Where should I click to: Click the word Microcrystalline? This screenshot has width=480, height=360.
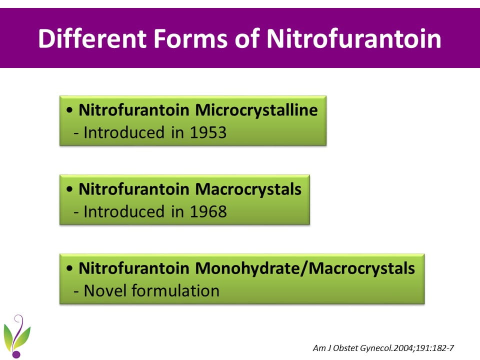pyautogui.click(x=256, y=110)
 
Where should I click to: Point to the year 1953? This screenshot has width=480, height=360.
pyautogui.click(x=208, y=132)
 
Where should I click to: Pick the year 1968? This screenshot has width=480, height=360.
pyautogui.click(x=208, y=211)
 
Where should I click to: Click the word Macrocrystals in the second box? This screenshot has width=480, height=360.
pyautogui.click(x=248, y=189)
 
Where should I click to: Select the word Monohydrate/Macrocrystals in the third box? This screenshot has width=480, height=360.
pyautogui.click(x=305, y=268)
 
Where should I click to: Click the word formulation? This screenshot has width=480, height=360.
pyautogui.click(x=175, y=290)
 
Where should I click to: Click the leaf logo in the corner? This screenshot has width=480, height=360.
pyautogui.click(x=17, y=336)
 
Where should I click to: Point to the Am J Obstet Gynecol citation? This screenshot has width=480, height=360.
pyautogui.click(x=383, y=348)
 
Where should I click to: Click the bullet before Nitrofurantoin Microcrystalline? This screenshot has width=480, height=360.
pyautogui.click(x=69, y=110)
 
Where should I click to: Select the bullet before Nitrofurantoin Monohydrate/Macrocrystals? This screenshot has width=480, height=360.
pyautogui.click(x=69, y=268)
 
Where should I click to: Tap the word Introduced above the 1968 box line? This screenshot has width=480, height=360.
pyautogui.click(x=124, y=211)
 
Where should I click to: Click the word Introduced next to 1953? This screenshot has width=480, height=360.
pyautogui.click(x=124, y=132)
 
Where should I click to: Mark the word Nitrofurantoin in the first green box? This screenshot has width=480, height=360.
pyautogui.click(x=134, y=110)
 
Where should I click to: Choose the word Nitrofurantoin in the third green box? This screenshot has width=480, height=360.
pyautogui.click(x=134, y=268)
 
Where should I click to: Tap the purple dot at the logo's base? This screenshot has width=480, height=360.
pyautogui.click(x=16, y=354)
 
